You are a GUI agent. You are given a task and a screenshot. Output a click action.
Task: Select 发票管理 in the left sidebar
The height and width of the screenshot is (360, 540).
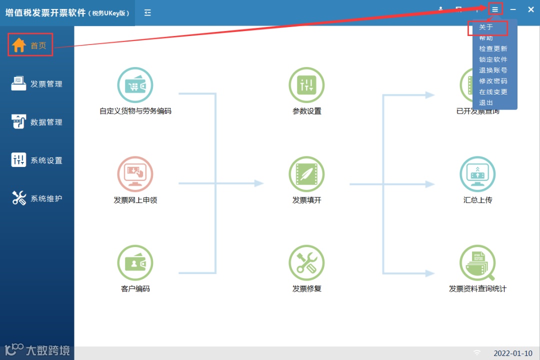pyautogui.click(x=37, y=83)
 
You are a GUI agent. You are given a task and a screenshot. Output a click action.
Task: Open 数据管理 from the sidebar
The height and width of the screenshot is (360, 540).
pyautogui.click(x=37, y=122)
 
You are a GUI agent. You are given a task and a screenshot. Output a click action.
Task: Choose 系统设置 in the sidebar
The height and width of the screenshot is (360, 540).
pyautogui.click(x=37, y=160)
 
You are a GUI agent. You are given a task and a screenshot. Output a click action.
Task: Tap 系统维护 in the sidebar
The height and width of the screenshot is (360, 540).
pyautogui.click(x=37, y=198)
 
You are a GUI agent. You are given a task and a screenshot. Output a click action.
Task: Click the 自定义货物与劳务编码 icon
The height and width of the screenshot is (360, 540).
pyautogui.click(x=135, y=85)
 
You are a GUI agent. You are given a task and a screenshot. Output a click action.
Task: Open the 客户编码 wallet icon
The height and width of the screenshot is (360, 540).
pyautogui.click(x=135, y=263)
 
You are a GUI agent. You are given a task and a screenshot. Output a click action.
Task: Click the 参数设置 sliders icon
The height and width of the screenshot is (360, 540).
pyautogui.click(x=306, y=85)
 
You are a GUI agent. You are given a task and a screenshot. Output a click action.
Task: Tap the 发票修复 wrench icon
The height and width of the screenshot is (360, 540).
pyautogui.click(x=306, y=263)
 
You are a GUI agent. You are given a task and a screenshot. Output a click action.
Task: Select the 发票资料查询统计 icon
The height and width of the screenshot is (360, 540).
pyautogui.click(x=477, y=263)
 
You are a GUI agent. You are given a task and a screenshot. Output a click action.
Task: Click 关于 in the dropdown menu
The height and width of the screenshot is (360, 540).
pyautogui.click(x=486, y=27)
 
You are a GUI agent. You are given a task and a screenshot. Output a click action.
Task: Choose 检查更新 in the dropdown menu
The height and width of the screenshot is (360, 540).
pyautogui.click(x=493, y=49)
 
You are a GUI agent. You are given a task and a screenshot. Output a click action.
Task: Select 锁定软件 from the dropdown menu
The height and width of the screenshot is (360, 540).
pyautogui.click(x=493, y=59)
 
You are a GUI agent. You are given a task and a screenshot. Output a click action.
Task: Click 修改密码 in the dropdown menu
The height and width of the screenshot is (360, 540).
pyautogui.click(x=493, y=81)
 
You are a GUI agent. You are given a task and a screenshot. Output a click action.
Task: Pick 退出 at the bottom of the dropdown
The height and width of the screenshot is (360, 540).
pyautogui.click(x=486, y=102)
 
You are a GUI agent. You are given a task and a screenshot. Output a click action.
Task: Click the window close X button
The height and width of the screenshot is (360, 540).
pyautogui.click(x=531, y=9)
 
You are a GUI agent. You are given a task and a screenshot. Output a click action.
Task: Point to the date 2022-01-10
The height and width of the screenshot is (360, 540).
pyautogui.click(x=513, y=353)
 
